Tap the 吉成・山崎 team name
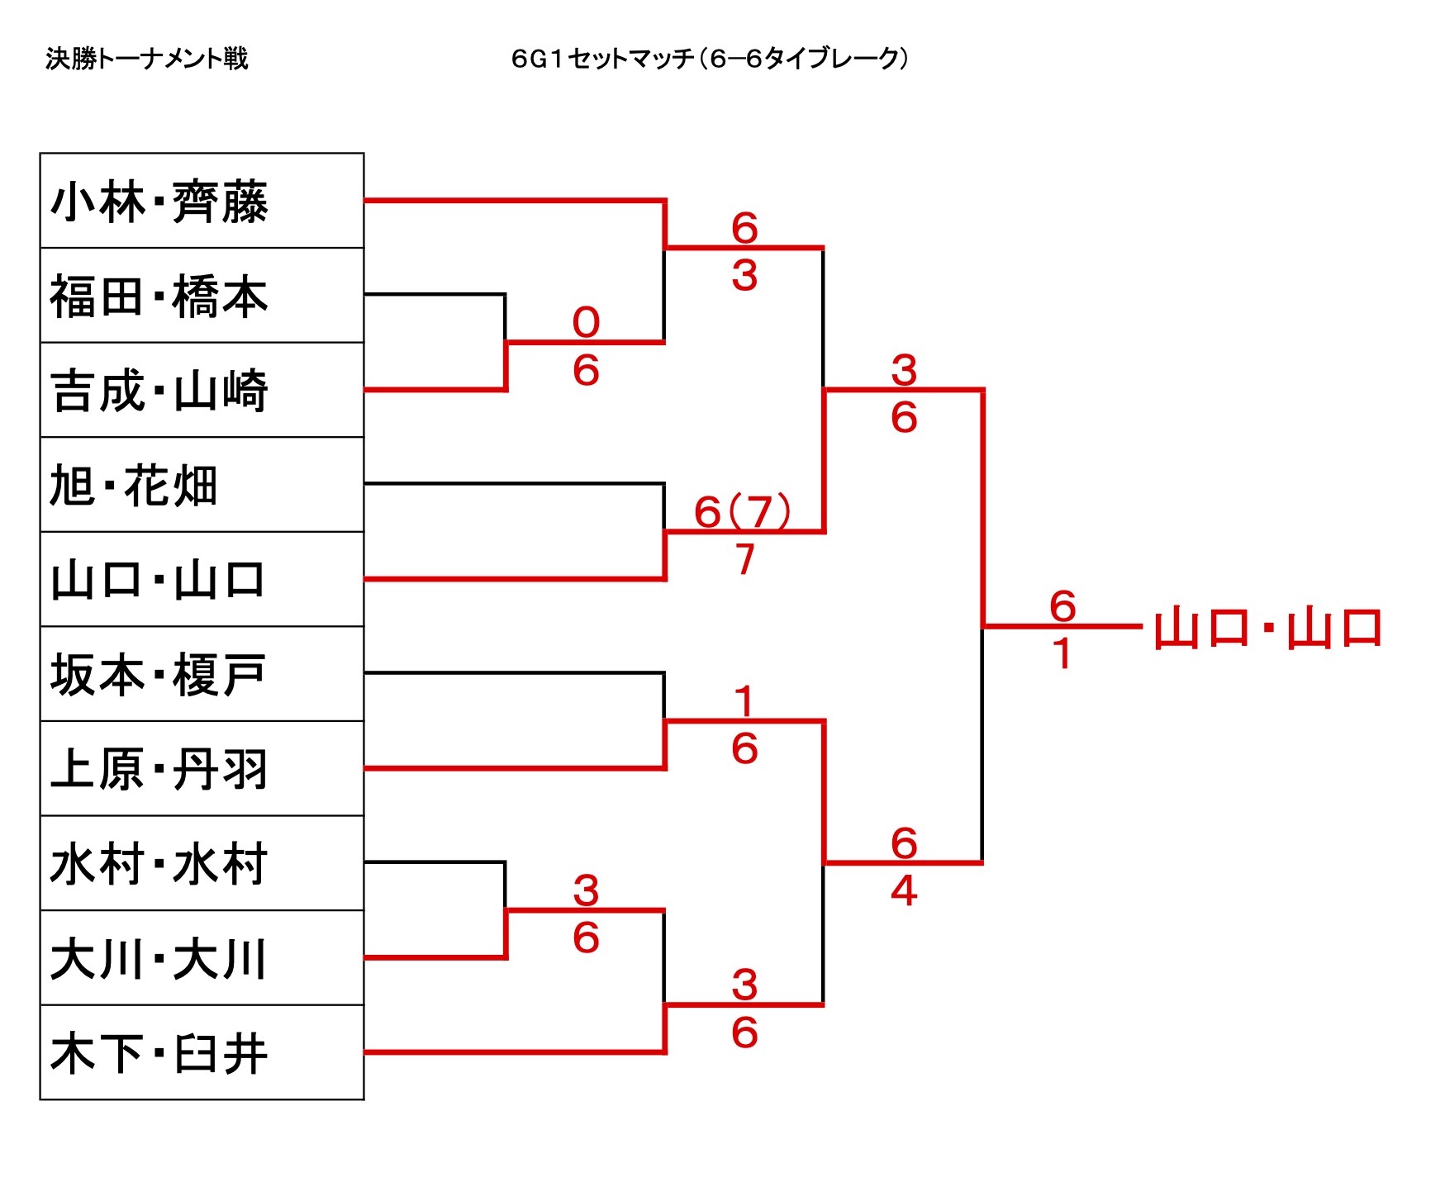point(159,391)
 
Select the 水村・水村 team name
point(159,864)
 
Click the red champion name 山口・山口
point(1268,629)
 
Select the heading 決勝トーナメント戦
point(147,59)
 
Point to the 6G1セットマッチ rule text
point(710,59)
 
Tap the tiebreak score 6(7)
point(742,512)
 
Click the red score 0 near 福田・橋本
point(586,322)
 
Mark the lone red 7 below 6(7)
point(745,559)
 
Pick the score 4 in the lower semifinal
point(904,890)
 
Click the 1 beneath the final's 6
point(1062,654)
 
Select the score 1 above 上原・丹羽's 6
point(744,702)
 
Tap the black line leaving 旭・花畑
point(512,483)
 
